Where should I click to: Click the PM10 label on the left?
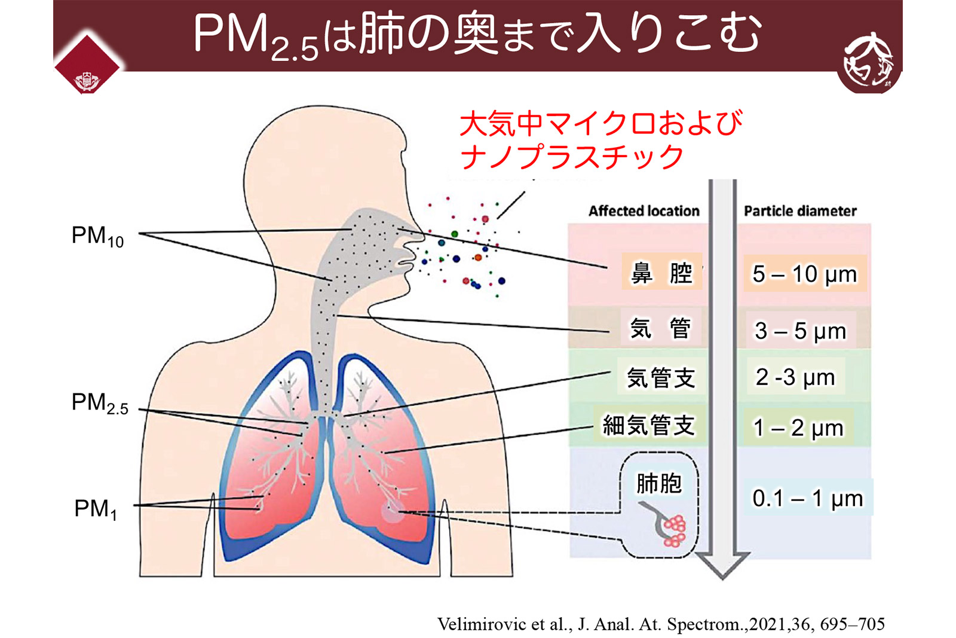coord(97,236)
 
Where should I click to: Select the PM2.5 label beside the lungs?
coord(100,404)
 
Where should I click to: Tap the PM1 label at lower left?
coord(96,509)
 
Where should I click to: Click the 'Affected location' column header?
coord(644,211)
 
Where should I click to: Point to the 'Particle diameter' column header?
coord(800,211)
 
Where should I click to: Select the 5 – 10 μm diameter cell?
coord(804,274)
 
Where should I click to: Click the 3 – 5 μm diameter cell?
coord(800,330)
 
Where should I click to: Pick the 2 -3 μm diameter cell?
coord(795,377)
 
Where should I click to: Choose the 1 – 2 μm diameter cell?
coord(798,428)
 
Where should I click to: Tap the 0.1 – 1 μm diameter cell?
coord(807,498)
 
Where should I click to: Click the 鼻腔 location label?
coord(661,273)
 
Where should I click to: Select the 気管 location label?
coord(660,328)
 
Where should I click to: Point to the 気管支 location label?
coord(660,378)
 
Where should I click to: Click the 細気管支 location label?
coord(648,426)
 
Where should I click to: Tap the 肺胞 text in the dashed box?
coord(658,483)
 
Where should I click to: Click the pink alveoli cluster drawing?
coord(675,530)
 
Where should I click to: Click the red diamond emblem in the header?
coord(87,65)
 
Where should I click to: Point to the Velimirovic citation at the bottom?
coord(661,624)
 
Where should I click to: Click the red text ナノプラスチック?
coord(572,157)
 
